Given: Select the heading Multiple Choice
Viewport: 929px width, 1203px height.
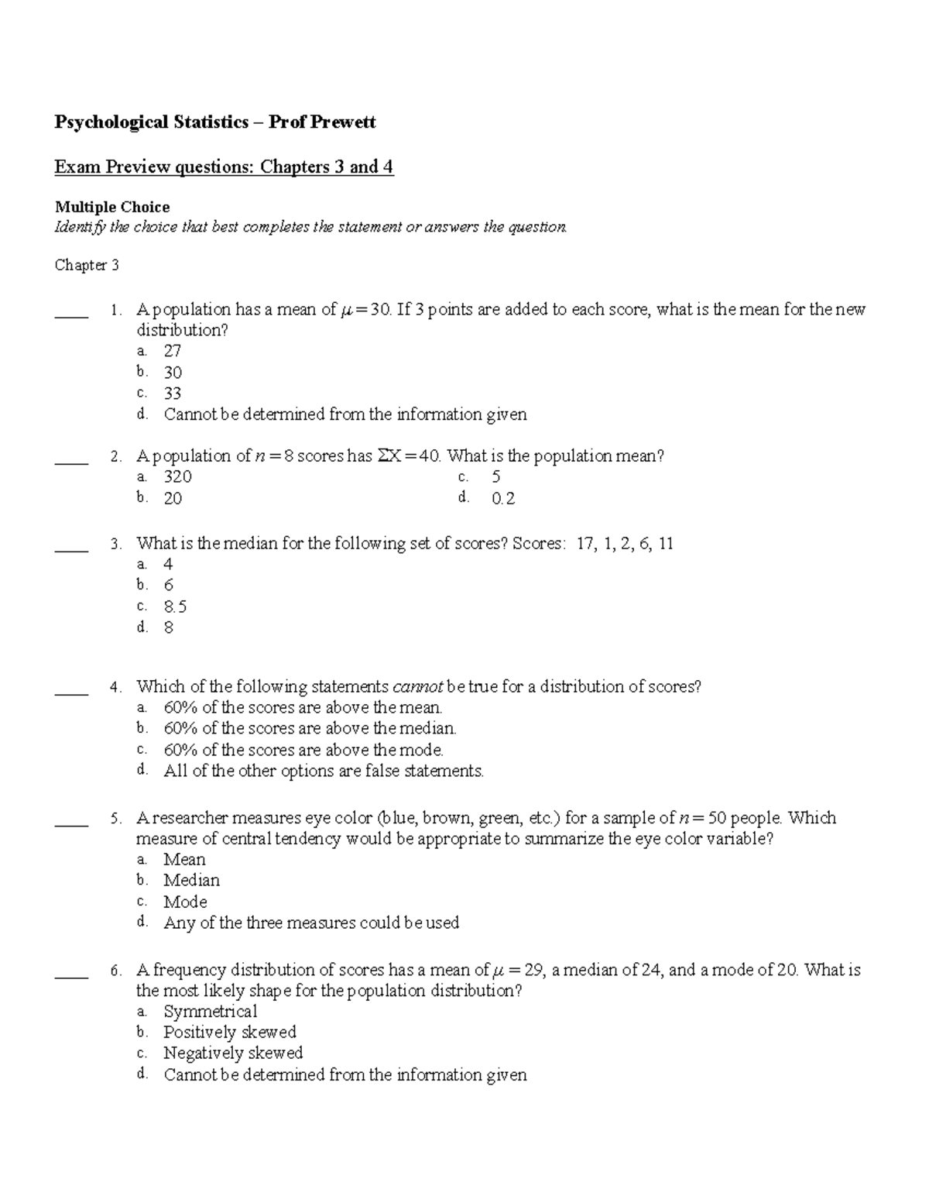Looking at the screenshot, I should click(x=111, y=207).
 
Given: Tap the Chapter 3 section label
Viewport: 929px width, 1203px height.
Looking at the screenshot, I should click(x=86, y=265).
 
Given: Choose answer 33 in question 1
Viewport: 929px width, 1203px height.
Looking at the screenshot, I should click(x=172, y=394).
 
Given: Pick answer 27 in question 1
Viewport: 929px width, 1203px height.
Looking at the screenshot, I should click(x=172, y=351).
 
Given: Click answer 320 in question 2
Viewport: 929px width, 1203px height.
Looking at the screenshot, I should click(x=177, y=477).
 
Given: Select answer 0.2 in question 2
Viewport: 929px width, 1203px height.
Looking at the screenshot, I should click(x=502, y=499).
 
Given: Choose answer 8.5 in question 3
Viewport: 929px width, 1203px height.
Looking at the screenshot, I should click(x=175, y=607).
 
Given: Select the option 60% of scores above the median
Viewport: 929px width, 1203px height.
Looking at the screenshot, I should click(x=310, y=728).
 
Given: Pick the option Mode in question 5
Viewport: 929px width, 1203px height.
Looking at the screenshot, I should click(x=185, y=902).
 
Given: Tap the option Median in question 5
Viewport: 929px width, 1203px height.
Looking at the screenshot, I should click(x=191, y=881).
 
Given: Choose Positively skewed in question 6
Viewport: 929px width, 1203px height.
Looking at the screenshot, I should click(x=229, y=1033).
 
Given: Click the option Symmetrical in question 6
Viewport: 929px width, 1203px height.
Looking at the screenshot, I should click(x=210, y=1012).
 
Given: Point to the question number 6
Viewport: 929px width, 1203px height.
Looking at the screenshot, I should click(x=115, y=971).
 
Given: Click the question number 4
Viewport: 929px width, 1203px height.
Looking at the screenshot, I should click(x=115, y=687).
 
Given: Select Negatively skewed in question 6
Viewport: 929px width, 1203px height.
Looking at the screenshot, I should click(x=232, y=1053).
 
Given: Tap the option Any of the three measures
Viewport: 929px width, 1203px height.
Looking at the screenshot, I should click(x=311, y=923).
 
